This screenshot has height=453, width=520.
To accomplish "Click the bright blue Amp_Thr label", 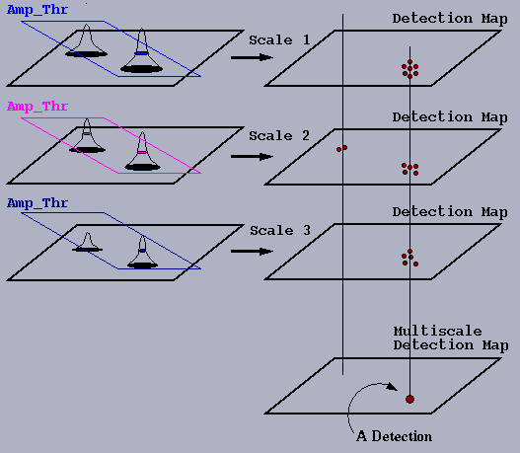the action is [37, 10].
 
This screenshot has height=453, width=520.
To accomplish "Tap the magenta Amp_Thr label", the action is [37, 107].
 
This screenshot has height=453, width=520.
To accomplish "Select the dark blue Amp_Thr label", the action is [37, 203].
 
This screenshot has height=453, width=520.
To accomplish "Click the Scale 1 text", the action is [279, 40].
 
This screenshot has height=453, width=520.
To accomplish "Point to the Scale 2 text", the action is [279, 135].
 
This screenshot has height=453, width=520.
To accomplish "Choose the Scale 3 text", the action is [280, 231].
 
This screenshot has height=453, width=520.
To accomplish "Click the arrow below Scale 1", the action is [252, 57].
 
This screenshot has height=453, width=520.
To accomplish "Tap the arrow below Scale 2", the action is [252, 157].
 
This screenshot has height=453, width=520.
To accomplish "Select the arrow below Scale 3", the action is [252, 252].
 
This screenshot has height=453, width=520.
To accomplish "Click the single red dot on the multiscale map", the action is [409, 399].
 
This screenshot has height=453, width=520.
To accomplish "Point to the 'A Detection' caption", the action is [395, 436].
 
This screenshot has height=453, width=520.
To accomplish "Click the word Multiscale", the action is [438, 331].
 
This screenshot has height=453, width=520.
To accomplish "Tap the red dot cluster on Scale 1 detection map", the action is [409, 69].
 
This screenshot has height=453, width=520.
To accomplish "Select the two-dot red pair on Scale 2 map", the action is [342, 149].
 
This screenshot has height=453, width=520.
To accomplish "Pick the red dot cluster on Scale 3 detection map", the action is [409, 258].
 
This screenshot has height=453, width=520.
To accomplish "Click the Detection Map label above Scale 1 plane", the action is [450, 19].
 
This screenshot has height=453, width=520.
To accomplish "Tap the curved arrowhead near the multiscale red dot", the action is [393, 387].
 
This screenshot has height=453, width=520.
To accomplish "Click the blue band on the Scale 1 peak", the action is [142, 53].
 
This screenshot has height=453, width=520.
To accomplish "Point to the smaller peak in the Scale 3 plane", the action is [87, 242].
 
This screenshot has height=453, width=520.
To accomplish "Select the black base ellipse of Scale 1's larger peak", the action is [142, 69].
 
